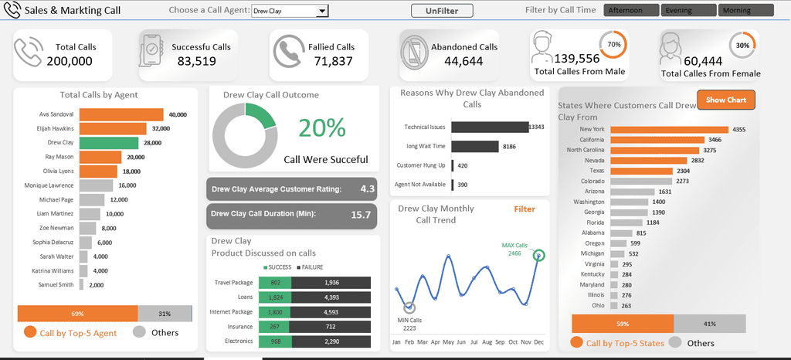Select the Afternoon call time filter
coord(632,11)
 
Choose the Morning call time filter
coord(745,11)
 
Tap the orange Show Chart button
coord(725,100)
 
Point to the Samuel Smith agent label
coord(57,284)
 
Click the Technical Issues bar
coord(489,127)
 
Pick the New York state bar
coord(669,129)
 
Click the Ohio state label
coord(599,304)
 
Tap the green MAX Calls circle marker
coord(538,256)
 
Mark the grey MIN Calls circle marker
coord(409,308)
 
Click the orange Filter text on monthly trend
coord(525,209)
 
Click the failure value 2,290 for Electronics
coord(331,340)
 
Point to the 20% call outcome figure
coord(321,128)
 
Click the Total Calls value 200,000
coord(70,61)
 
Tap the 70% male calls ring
coord(613,45)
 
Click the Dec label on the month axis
coord(539,341)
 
